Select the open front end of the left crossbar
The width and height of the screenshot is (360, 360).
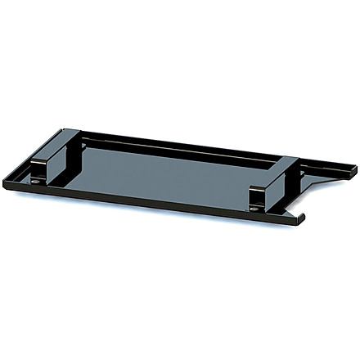[x=41, y=171]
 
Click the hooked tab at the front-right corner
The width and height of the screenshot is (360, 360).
[x=299, y=216]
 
